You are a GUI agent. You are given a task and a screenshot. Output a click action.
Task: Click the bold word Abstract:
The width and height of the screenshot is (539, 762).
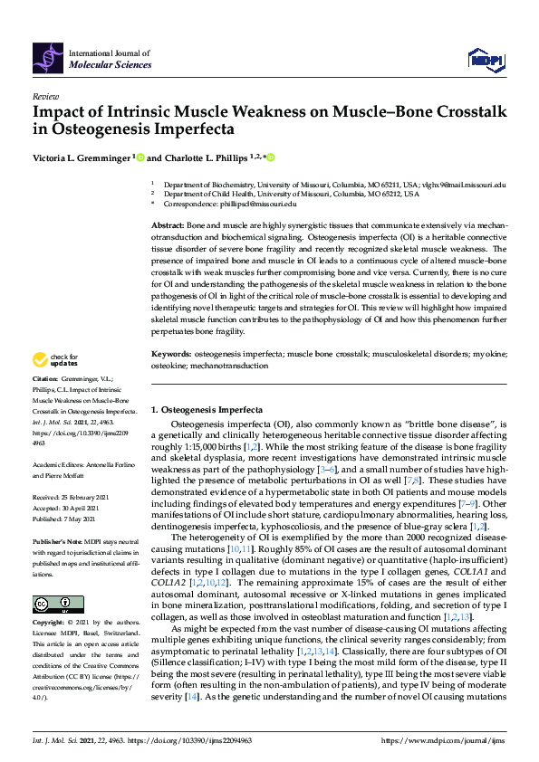(x=168, y=223)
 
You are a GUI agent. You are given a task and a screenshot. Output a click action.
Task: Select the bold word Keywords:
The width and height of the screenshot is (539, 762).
(x=171, y=367)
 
